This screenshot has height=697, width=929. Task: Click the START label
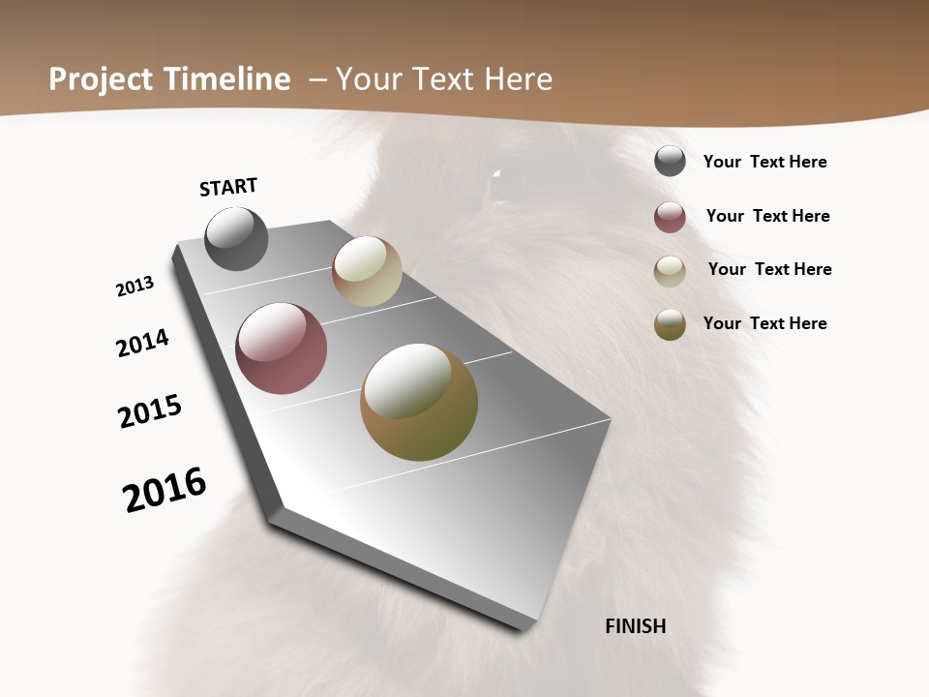click(228, 187)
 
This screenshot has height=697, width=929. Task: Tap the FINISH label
click(636, 626)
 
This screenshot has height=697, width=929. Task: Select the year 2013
click(135, 287)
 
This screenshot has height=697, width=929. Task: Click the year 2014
click(143, 343)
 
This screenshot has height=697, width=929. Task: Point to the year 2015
click(150, 411)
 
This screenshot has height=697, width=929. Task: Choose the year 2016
click(165, 490)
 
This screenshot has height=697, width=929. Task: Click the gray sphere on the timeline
click(236, 238)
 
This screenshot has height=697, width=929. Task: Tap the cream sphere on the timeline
click(367, 271)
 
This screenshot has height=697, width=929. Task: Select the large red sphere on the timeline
click(281, 348)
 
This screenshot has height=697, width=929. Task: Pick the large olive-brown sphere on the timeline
click(419, 402)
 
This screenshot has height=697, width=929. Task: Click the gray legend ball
click(670, 161)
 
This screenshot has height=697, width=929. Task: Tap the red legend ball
click(670, 217)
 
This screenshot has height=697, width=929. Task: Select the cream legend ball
click(670, 271)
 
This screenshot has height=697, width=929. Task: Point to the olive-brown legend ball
click(670, 325)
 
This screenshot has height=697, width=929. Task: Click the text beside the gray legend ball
click(764, 162)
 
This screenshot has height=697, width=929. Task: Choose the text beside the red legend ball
click(767, 216)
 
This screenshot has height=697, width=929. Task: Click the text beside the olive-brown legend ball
click(764, 323)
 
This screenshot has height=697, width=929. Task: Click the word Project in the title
click(102, 79)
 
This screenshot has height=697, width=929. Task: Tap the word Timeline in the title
click(226, 79)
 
